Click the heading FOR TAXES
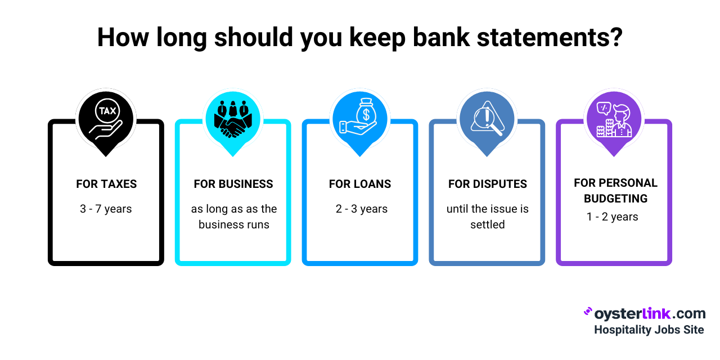[x=106, y=184]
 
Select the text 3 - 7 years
[x=106, y=209]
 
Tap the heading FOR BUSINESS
[x=233, y=184]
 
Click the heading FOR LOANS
[x=360, y=184]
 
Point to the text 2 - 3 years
[x=362, y=209]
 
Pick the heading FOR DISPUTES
[x=488, y=184]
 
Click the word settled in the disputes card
[x=488, y=224]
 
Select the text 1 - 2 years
[x=613, y=217]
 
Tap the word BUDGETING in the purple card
[x=615, y=199]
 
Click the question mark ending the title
[x=615, y=37]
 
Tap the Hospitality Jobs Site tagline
[x=649, y=330]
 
